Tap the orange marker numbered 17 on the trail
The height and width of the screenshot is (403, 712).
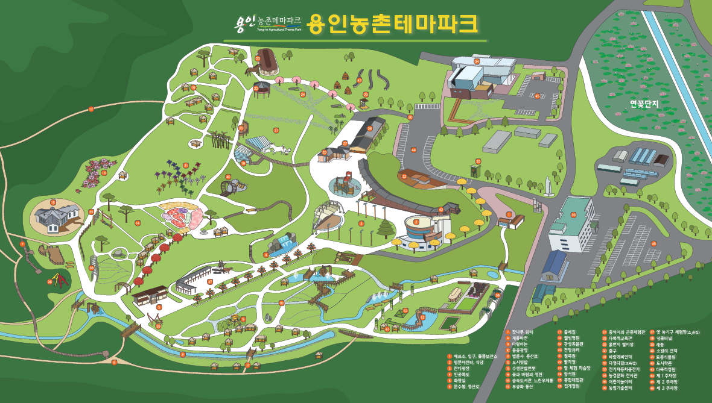click(91, 109)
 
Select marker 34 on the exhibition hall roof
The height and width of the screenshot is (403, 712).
click(476, 61)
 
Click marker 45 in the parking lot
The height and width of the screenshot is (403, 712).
click(537, 96)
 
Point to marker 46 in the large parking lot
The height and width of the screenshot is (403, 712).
click(653, 243)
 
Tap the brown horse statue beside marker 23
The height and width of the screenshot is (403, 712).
click(249, 70)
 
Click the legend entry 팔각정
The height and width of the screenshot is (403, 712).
click(570, 362)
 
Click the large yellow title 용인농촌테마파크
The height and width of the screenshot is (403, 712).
click(392, 24)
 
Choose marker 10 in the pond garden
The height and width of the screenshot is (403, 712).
click(281, 302)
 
